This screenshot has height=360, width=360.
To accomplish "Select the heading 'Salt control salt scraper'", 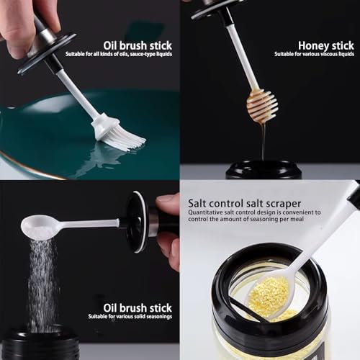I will [x=245, y=203].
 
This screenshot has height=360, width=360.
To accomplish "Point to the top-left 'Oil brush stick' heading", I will [x=137, y=45].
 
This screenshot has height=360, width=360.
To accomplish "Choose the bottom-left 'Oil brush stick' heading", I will [x=138, y=307].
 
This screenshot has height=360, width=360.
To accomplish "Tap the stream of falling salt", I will [x=42, y=281].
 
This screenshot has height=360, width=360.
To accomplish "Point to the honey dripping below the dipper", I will [x=263, y=140].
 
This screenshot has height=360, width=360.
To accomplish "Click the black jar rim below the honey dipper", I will [x=263, y=170].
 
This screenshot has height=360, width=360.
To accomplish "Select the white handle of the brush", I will [x=79, y=94].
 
